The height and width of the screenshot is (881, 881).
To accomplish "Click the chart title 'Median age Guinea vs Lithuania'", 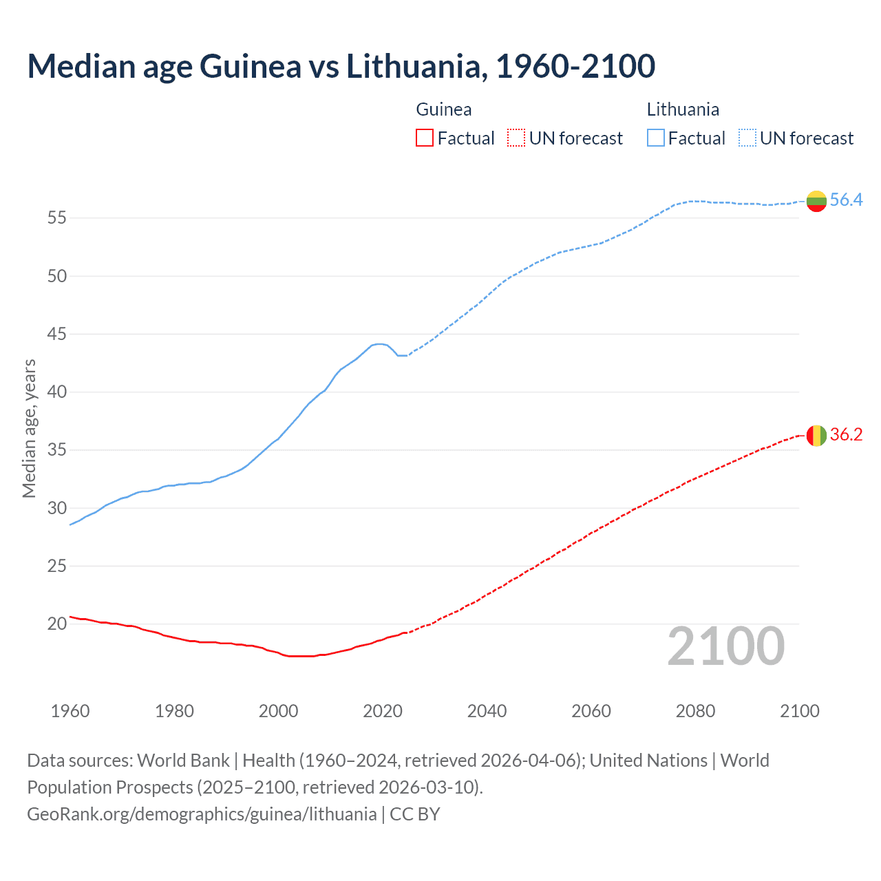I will (x=341, y=66).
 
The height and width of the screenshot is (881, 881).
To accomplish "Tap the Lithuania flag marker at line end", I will (x=816, y=201).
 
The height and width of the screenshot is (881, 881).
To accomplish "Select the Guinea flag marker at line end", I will (x=816, y=436).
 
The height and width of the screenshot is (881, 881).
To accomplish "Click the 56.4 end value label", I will (x=846, y=200).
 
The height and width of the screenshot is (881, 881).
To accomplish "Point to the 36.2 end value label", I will (x=846, y=435).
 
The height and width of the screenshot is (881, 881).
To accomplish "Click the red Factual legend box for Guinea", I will (x=425, y=138).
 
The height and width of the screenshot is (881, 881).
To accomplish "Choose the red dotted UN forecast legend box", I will (x=516, y=138).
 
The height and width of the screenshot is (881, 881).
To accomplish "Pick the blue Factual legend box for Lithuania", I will (x=656, y=138).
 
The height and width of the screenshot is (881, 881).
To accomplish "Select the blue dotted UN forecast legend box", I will (x=747, y=138).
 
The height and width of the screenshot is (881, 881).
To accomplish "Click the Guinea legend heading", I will (x=444, y=109).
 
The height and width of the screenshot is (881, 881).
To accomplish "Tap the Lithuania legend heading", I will (x=683, y=109).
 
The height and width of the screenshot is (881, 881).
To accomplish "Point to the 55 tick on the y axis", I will (x=57, y=218).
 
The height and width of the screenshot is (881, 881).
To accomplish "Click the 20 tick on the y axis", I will (x=57, y=624).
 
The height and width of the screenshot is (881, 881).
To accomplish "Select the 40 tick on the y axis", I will (x=57, y=392).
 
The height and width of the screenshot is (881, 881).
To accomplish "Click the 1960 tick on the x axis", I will (x=70, y=711).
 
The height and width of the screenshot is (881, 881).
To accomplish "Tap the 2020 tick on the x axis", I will (x=383, y=711).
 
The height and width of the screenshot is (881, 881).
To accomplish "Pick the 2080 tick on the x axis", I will (x=695, y=711).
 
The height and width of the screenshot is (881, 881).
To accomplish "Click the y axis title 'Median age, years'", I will (x=29, y=428).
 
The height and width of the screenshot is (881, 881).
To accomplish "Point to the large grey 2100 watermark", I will (x=726, y=646).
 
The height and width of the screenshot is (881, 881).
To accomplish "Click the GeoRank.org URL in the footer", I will (x=202, y=814).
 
